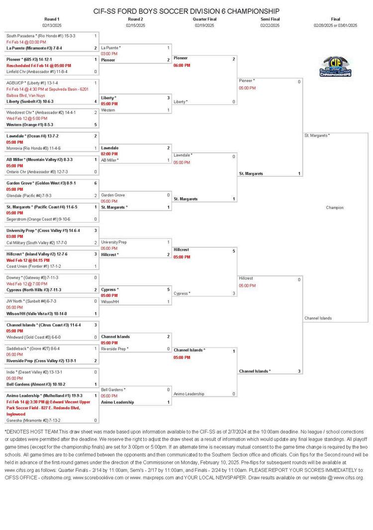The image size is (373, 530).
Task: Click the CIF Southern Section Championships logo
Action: (x=336, y=66)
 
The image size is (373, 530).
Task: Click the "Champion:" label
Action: (x=335, y=208)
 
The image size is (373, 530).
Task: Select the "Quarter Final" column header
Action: (x=204, y=19)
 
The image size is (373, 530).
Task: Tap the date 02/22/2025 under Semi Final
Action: (x=270, y=25)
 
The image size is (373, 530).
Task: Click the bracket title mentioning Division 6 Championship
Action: (x=186, y=11)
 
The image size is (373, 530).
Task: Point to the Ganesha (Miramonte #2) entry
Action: (x=32, y=420)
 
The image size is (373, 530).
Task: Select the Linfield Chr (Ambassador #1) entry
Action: (x=37, y=72)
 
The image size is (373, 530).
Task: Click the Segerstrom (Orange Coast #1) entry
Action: (x=38, y=219)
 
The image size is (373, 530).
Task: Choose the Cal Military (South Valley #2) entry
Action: (x=37, y=242)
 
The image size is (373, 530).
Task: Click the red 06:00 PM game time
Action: (x=182, y=65)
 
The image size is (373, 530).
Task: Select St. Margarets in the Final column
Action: (x=316, y=135)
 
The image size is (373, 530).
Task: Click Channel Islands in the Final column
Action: (x=318, y=318)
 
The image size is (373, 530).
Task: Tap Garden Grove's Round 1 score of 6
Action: (x=95, y=183)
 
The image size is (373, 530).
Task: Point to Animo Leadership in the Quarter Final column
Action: (x=189, y=394)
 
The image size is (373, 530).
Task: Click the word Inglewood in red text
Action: (x=16, y=414)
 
